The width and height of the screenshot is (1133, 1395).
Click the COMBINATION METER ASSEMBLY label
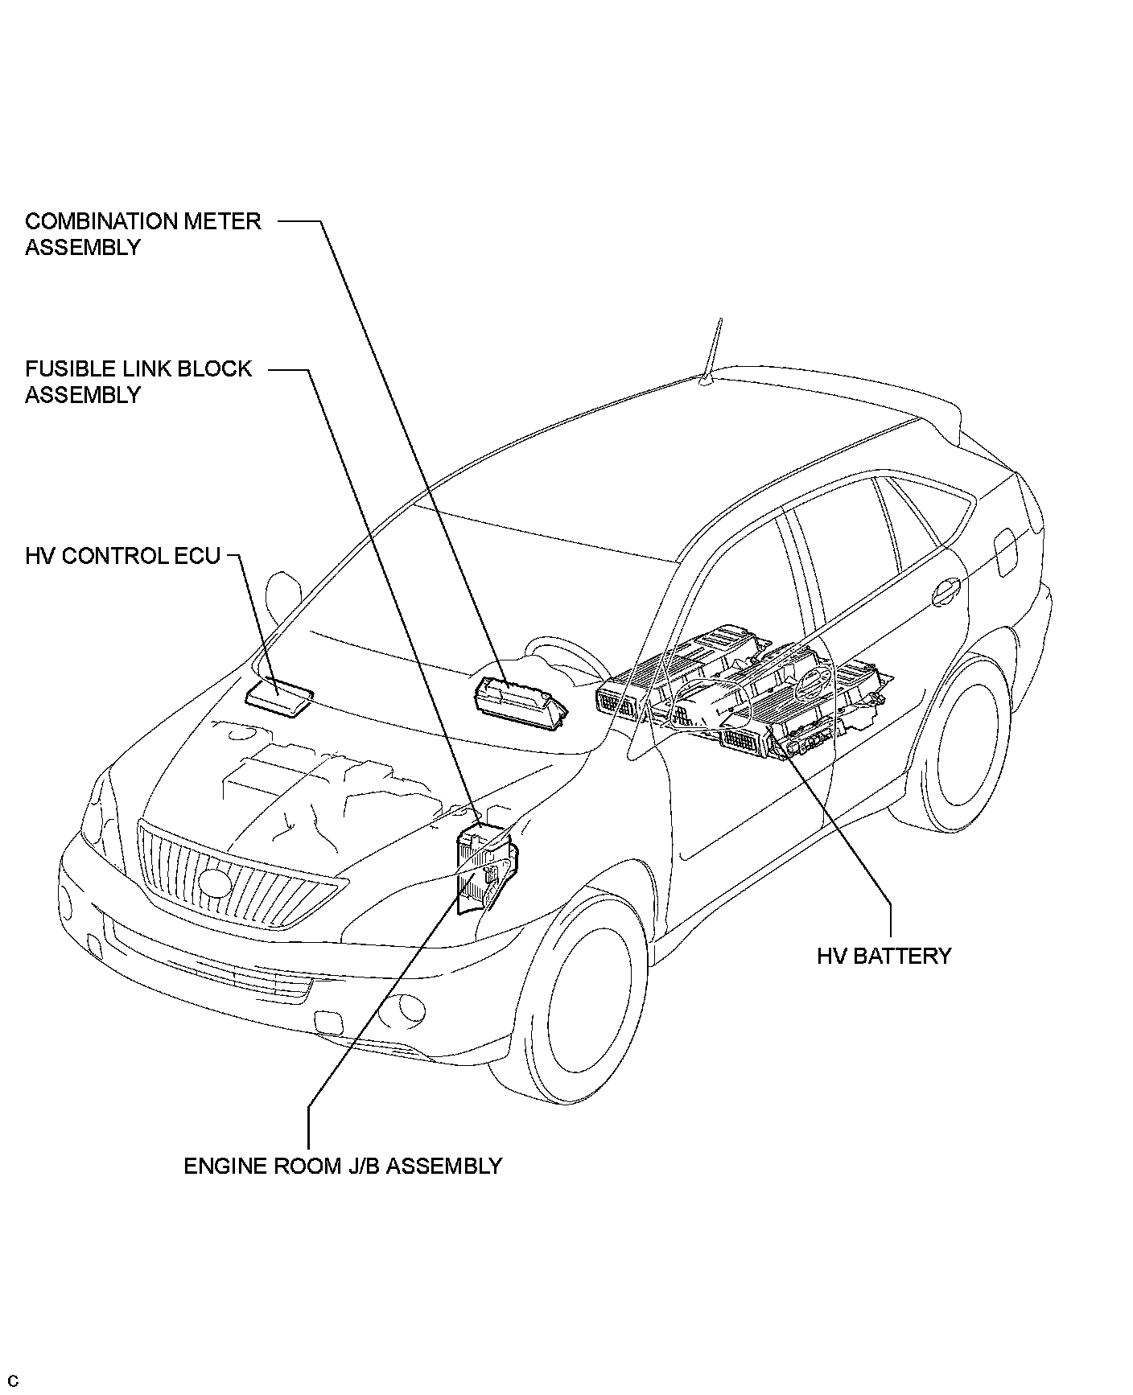pyautogui.click(x=142, y=233)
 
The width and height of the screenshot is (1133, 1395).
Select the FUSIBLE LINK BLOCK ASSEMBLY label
pyautogui.click(x=138, y=381)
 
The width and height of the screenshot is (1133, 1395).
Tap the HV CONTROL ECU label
pyautogui.click(x=122, y=556)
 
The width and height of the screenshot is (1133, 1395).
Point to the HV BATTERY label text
pyautogui.click(x=884, y=956)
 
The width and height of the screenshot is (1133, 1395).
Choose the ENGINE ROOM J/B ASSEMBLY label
pyautogui.click(x=343, y=1166)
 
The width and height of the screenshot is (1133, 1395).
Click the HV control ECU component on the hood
pyautogui.click(x=279, y=694)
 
